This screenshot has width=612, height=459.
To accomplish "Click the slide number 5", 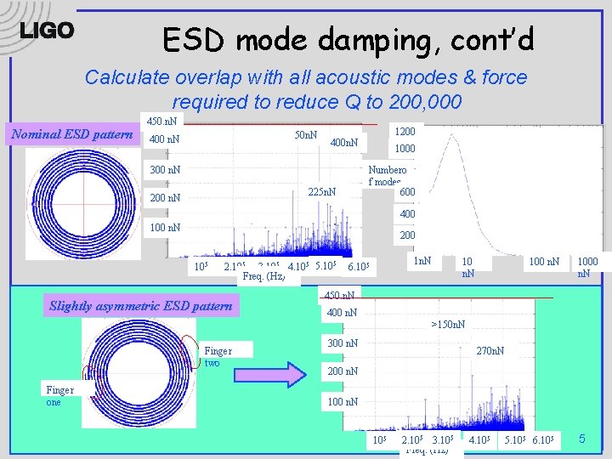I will [x=582, y=439].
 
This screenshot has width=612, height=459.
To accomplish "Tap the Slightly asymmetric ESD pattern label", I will [x=141, y=306].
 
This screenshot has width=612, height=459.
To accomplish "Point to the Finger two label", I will [x=218, y=356].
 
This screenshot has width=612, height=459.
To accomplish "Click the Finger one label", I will [x=59, y=396].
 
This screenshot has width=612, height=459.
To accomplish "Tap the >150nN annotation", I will [x=448, y=325].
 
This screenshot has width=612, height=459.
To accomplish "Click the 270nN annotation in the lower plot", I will [x=490, y=350].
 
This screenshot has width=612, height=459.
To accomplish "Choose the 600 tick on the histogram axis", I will [x=407, y=192].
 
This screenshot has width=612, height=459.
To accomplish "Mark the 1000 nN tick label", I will [x=587, y=268].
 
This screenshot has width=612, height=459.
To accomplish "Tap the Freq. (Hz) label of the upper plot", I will [x=263, y=276].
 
